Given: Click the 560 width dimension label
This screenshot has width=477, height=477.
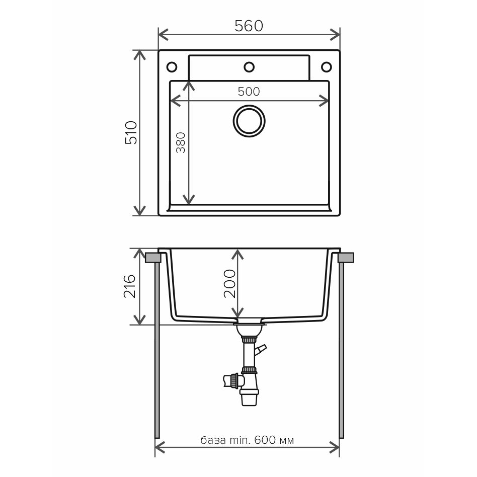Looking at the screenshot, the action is click(249, 26).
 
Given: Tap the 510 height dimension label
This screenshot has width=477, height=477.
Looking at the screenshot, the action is click(131, 133).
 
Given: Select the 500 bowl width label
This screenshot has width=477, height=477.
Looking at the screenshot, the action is click(249, 92).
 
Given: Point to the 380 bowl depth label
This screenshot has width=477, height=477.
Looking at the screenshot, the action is click(181, 142).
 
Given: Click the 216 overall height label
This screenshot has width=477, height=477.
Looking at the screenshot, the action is click(130, 286).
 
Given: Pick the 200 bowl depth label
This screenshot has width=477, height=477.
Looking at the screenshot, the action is click(230, 284).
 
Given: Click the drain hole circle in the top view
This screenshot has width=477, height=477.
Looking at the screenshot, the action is click(249, 121).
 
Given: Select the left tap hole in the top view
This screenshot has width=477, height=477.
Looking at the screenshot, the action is click(172, 67).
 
